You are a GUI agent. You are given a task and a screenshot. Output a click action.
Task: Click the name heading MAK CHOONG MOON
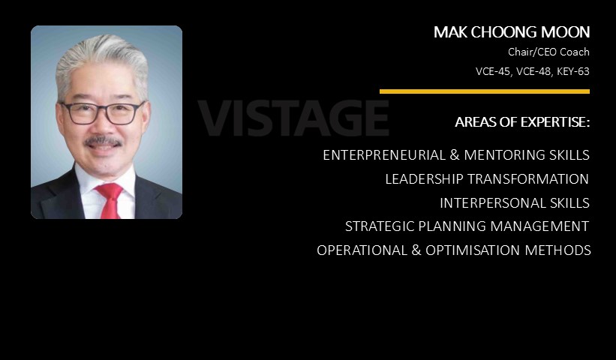(x=512, y=32)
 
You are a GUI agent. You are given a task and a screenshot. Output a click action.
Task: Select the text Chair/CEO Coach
(x=548, y=52)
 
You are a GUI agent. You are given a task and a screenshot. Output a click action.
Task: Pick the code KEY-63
(x=573, y=71)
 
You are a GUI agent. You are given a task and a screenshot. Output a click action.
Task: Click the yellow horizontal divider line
(x=485, y=91)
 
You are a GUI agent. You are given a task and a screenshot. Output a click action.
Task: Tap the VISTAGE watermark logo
(x=293, y=118)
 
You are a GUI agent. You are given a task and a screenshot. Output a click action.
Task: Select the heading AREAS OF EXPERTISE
(x=522, y=122)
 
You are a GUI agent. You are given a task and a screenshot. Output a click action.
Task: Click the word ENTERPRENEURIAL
(x=384, y=155)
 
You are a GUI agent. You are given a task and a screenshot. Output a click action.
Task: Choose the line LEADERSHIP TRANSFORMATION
(x=487, y=179)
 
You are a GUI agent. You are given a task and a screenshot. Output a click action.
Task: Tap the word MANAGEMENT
(x=539, y=226)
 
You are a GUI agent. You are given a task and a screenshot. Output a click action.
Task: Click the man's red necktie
(x=110, y=200)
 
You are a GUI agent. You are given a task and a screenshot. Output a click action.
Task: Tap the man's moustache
(x=103, y=141)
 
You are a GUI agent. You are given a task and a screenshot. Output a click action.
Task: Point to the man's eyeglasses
(x=102, y=112)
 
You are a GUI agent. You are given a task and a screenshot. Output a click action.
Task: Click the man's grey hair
(x=101, y=59)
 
